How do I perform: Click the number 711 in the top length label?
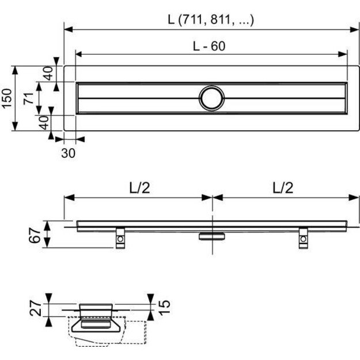(x=191, y=19)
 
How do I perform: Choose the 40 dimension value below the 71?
(x=43, y=122)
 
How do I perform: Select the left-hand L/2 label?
(x=137, y=188)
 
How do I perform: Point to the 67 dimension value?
(x=35, y=235)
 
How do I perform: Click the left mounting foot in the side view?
(x=120, y=238)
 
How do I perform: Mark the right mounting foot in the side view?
(x=303, y=238)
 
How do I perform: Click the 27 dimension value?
(x=35, y=311)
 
